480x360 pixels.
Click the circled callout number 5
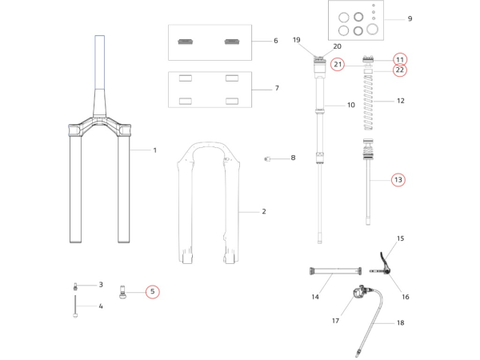(x=152, y=291)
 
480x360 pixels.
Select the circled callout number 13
(x=398, y=180)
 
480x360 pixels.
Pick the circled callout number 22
(x=400, y=70)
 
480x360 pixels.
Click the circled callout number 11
(x=400, y=58)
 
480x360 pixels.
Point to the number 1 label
(x=155, y=150)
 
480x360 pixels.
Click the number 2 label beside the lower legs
(x=263, y=212)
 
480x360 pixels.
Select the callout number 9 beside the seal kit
(x=410, y=18)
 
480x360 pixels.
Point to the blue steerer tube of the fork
(x=100, y=60)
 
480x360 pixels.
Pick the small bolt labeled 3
(x=75, y=285)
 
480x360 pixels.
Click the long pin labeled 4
(x=75, y=306)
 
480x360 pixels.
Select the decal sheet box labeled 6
(x=210, y=42)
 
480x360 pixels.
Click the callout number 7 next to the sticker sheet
(x=276, y=88)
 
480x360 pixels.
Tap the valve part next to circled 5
(x=123, y=291)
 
